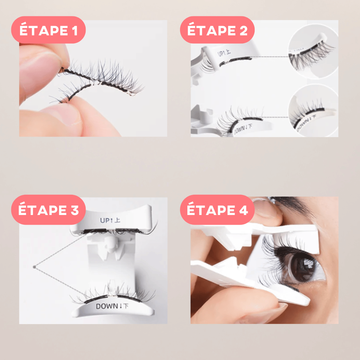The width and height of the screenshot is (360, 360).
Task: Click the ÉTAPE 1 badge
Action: coord(48,30)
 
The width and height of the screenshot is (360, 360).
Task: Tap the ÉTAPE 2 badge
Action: coord(217,30)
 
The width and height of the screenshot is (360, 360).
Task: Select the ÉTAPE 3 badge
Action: coord(48,210)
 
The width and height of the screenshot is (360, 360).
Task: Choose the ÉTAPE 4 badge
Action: coord(217,210)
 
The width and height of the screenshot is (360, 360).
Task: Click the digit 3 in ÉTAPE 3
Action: coord(75,210)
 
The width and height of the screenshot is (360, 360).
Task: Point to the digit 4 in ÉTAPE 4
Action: coord(243,210)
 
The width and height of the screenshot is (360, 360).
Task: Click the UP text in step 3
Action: coord(105,220)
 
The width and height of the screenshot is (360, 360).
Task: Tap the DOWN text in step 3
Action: coord(107,306)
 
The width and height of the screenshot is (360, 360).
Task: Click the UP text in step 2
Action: coord(221,53)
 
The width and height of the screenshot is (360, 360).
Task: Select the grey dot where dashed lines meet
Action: coord(34,267)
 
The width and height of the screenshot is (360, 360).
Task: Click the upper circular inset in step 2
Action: coord(313,51)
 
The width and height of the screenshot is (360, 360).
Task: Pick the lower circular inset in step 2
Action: coord(313,111)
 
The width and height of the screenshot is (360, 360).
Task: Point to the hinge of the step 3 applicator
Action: coord(110,247)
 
